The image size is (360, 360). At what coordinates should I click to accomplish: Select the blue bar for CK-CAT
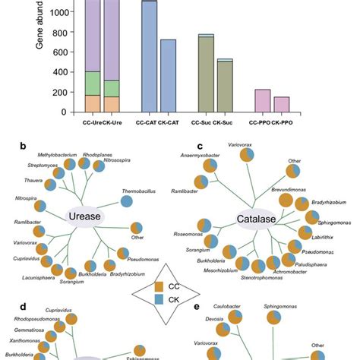[168, 76]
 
